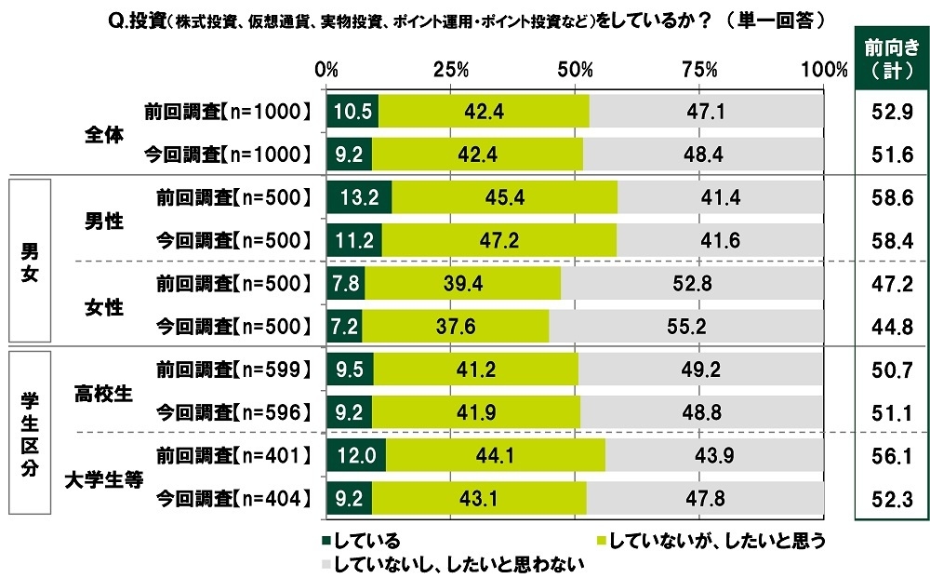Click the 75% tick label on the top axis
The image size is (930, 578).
[x=699, y=70]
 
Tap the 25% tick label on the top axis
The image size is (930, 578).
[x=451, y=70]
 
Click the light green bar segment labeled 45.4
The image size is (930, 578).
[x=504, y=196]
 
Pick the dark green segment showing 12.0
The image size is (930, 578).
[x=356, y=456]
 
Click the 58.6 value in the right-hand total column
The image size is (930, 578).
[x=886, y=196]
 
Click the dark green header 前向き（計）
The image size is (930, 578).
[x=886, y=58]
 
